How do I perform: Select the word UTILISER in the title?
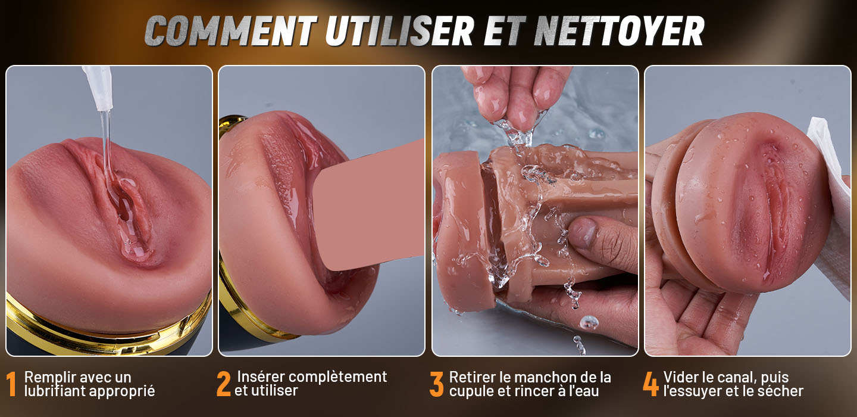click(x=399, y=30)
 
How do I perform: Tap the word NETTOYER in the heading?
click(x=618, y=30)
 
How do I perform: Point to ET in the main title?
click(x=503, y=30)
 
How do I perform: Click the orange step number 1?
click(x=11, y=384)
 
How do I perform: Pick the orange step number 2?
click(x=224, y=384)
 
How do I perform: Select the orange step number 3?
click(x=436, y=384)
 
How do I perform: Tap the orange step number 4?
click(x=651, y=384)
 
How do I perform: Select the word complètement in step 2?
click(x=338, y=377)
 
